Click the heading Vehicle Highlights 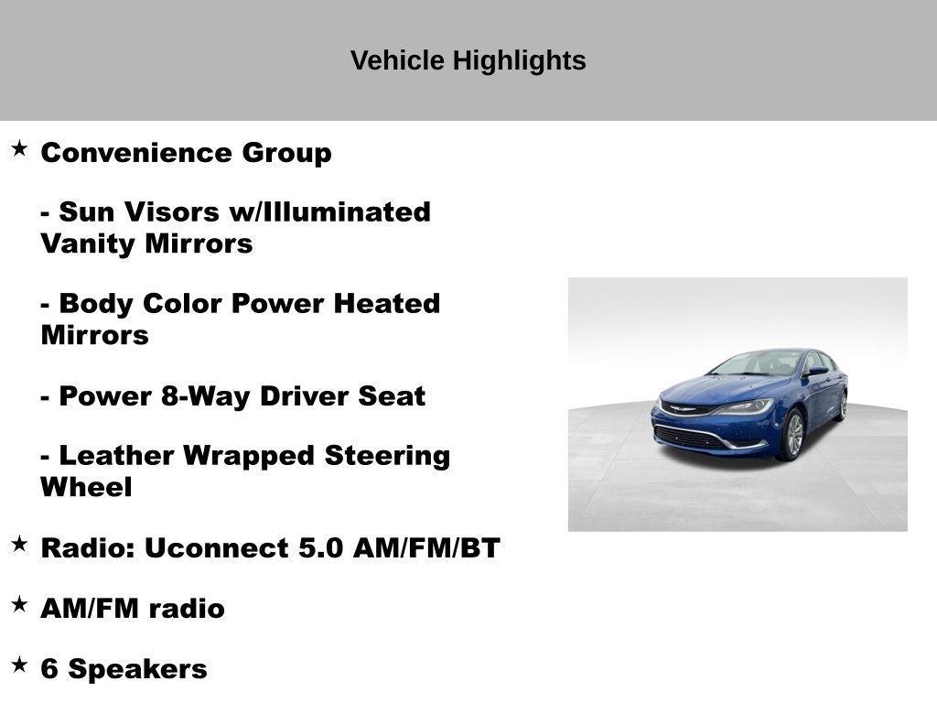[468, 61]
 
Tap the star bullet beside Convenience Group [19, 148]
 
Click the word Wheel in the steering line [86, 488]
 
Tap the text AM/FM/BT [426, 548]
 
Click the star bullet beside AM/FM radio [19, 604]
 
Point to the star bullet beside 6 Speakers [19, 665]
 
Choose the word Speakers [138, 669]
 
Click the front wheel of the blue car [792, 436]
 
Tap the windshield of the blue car [757, 363]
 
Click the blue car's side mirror [813, 373]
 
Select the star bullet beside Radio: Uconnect [19, 544]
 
